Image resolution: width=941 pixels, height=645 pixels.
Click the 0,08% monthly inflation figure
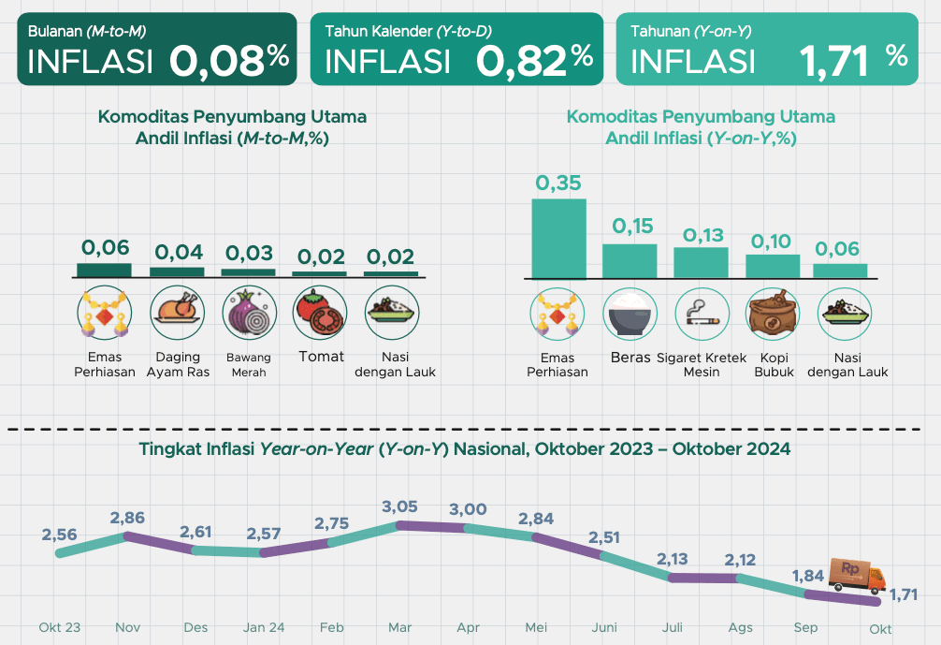point(229,62)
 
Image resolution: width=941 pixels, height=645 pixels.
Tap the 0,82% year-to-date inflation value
point(534,62)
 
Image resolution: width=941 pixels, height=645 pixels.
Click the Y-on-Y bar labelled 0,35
point(558,238)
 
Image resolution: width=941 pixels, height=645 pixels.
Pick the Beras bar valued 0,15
point(630,260)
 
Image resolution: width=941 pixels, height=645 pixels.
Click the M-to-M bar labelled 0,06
point(105,270)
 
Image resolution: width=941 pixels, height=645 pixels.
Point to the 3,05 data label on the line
point(400,507)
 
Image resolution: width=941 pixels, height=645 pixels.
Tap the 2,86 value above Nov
point(128,518)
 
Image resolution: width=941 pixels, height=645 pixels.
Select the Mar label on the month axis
point(399,627)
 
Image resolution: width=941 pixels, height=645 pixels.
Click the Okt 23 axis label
point(59,627)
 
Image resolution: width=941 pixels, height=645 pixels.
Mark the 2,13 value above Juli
point(673,559)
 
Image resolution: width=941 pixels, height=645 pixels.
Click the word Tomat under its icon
point(321,357)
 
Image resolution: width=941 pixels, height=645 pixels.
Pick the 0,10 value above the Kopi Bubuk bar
point(771,242)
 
